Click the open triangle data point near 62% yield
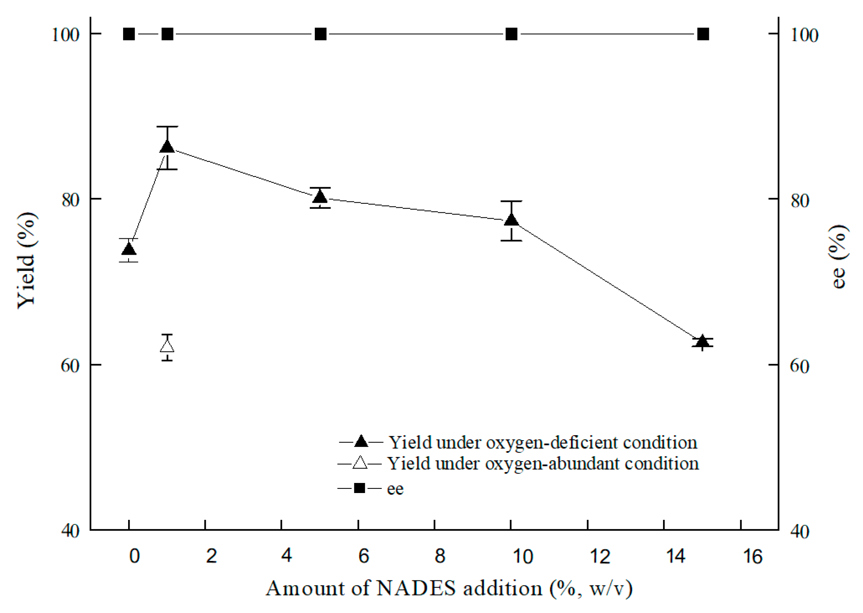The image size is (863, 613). pyautogui.click(x=167, y=346)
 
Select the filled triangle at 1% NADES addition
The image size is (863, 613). pyautogui.click(x=167, y=147)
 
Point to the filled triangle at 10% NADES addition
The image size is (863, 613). pyautogui.click(x=511, y=220)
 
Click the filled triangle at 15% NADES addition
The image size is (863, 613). pyautogui.click(x=702, y=342)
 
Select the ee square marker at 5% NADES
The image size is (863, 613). pyautogui.click(x=320, y=34)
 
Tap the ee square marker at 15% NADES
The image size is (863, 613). pyautogui.click(x=703, y=34)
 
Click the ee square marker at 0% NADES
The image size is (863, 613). pyautogui.click(x=129, y=34)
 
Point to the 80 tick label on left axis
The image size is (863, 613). pyautogui.click(x=70, y=200)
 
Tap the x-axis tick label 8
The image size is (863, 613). pyautogui.click(x=439, y=556)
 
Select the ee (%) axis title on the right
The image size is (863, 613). pyautogui.click(x=839, y=256)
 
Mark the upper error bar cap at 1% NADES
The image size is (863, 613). pyautogui.click(x=167, y=127)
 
